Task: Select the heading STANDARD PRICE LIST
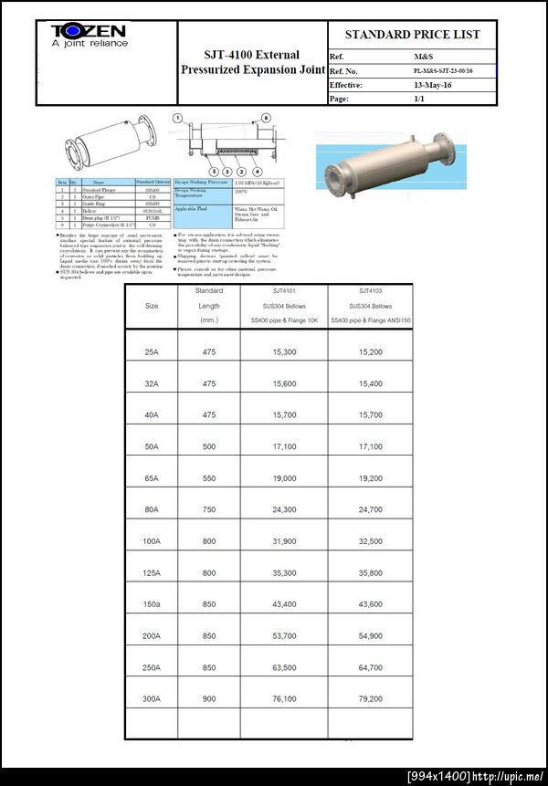[412, 35]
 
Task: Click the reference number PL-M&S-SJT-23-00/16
[443, 70]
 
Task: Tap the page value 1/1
[419, 99]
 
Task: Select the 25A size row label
[152, 352]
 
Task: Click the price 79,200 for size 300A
[370, 699]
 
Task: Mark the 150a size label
[152, 605]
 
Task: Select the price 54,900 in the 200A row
[370, 636]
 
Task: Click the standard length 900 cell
[209, 699]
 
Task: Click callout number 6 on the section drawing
[266, 118]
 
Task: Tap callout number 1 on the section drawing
[180, 118]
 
